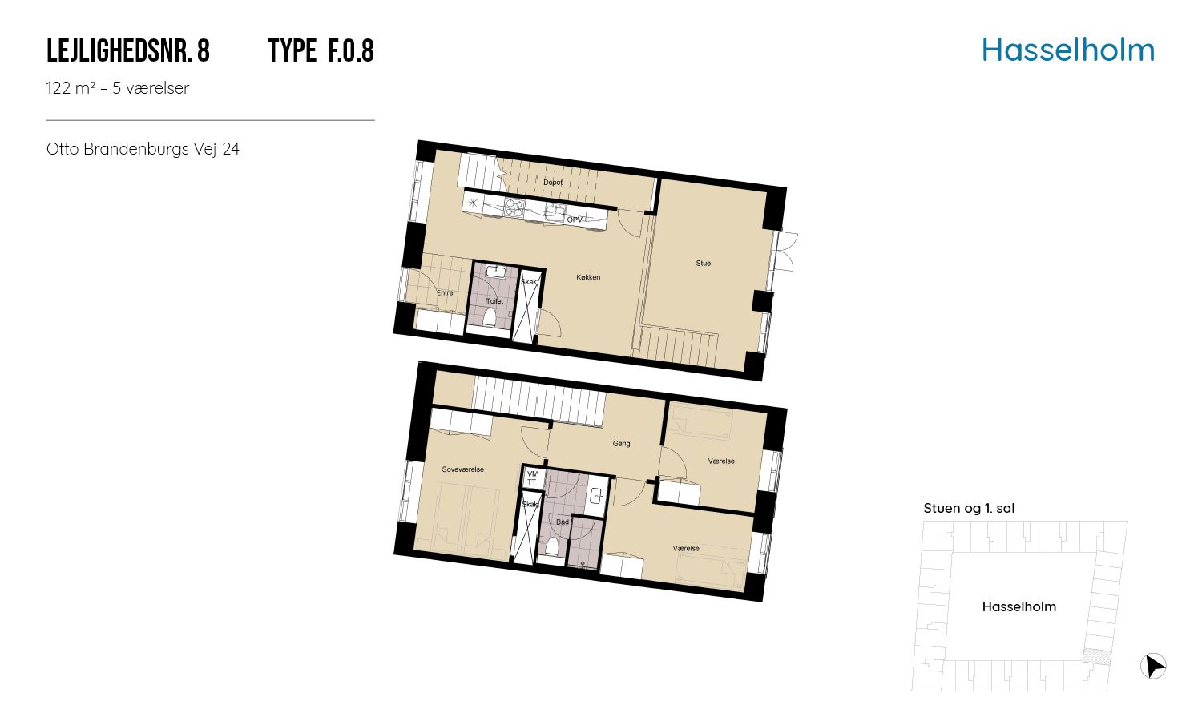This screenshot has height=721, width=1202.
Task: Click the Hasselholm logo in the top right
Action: coord(1068,50)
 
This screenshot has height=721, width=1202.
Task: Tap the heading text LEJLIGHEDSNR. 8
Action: coord(127,51)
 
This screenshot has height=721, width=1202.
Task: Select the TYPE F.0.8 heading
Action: coord(321,51)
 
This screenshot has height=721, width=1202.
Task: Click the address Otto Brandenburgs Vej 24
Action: coord(143,148)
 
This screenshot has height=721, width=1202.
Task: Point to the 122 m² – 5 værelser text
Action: coord(118,88)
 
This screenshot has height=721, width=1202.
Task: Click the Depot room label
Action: coord(553,183)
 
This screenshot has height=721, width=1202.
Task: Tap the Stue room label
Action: coord(703,263)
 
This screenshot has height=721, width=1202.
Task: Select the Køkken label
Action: coord(588,277)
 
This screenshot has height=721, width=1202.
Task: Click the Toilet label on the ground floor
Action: coord(494,301)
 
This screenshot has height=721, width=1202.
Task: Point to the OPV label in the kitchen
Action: coord(575,220)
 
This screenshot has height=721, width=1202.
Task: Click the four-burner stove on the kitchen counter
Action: coord(514,208)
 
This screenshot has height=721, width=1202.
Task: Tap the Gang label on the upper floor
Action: coord(621,443)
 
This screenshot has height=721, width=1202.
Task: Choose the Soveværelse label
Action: coord(462,469)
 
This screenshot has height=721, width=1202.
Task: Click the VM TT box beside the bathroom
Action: coord(532,477)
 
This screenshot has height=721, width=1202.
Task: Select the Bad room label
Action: coord(562,522)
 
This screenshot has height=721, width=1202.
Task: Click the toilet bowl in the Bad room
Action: coord(551,546)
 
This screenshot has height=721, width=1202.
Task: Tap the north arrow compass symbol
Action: coord(1152,667)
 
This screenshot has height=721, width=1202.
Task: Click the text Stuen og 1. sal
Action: coord(969,508)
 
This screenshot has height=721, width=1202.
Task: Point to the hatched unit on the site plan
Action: coord(1096,657)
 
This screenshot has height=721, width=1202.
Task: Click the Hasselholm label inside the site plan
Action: coord(1019,606)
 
